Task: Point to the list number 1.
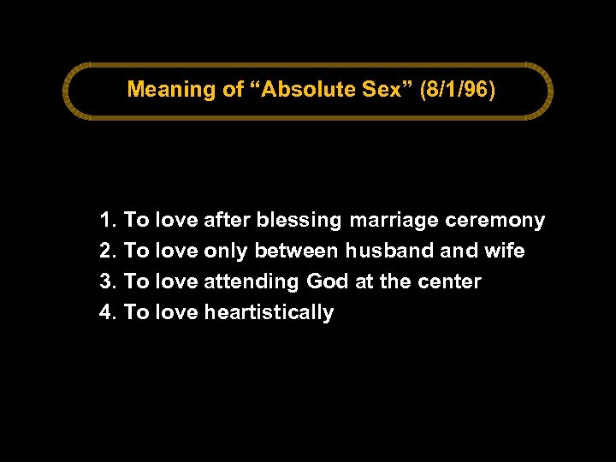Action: pyautogui.click(x=107, y=221)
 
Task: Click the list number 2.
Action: pyautogui.click(x=107, y=252)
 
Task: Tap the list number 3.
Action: pyautogui.click(x=107, y=282)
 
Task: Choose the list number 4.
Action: pyautogui.click(x=107, y=312)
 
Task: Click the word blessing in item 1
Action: pyautogui.click(x=299, y=221)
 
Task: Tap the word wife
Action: pyautogui.click(x=505, y=252)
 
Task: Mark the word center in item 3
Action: pyautogui.click(x=451, y=282)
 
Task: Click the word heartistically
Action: pyautogui.click(x=269, y=312)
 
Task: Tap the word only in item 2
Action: pyautogui.click(x=226, y=252)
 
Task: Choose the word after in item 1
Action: pyautogui.click(x=227, y=221)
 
